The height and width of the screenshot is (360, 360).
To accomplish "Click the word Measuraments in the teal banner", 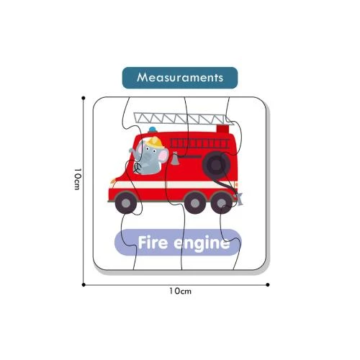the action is (180, 78).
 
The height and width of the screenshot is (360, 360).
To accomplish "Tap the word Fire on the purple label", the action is (153, 243).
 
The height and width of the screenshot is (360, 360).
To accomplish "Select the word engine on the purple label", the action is (202, 244).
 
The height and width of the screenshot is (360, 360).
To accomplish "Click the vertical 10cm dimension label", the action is (77, 179).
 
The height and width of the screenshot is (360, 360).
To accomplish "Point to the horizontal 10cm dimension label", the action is (180, 291).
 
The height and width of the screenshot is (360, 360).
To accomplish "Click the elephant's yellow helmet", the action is (155, 143).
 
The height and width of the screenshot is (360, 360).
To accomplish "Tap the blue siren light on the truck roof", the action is (153, 130).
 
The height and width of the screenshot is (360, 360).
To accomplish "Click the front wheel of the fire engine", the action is (126, 203).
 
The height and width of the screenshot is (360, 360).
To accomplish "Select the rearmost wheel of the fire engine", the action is (221, 203).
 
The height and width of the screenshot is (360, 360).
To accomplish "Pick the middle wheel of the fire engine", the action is (195, 203).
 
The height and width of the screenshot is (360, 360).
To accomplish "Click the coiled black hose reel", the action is (217, 165).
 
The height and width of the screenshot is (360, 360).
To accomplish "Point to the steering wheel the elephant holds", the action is (138, 168).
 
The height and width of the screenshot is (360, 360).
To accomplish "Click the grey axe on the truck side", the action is (175, 158).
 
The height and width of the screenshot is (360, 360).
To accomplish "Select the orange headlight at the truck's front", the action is (113, 181).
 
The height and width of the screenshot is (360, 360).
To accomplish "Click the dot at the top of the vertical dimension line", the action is (84, 98).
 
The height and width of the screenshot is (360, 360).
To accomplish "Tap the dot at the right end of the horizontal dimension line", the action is (268, 284).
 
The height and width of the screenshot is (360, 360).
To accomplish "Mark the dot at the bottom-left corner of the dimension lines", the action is (84, 284).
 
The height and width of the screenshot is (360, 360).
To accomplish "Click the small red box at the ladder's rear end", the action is (222, 129).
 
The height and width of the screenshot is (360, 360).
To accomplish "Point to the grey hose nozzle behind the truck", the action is (239, 199).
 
